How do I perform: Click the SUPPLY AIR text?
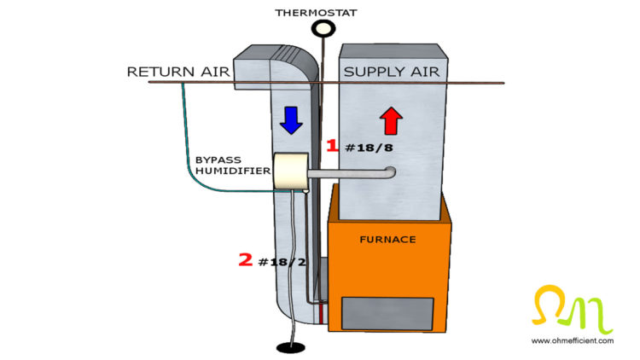pyautogui.click(x=392, y=72)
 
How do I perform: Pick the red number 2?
pyautogui.click(x=245, y=260)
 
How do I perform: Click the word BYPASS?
pyautogui.click(x=218, y=159)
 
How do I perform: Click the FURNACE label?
pyautogui.click(x=388, y=240)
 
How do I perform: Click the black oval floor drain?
pyautogui.click(x=292, y=347)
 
